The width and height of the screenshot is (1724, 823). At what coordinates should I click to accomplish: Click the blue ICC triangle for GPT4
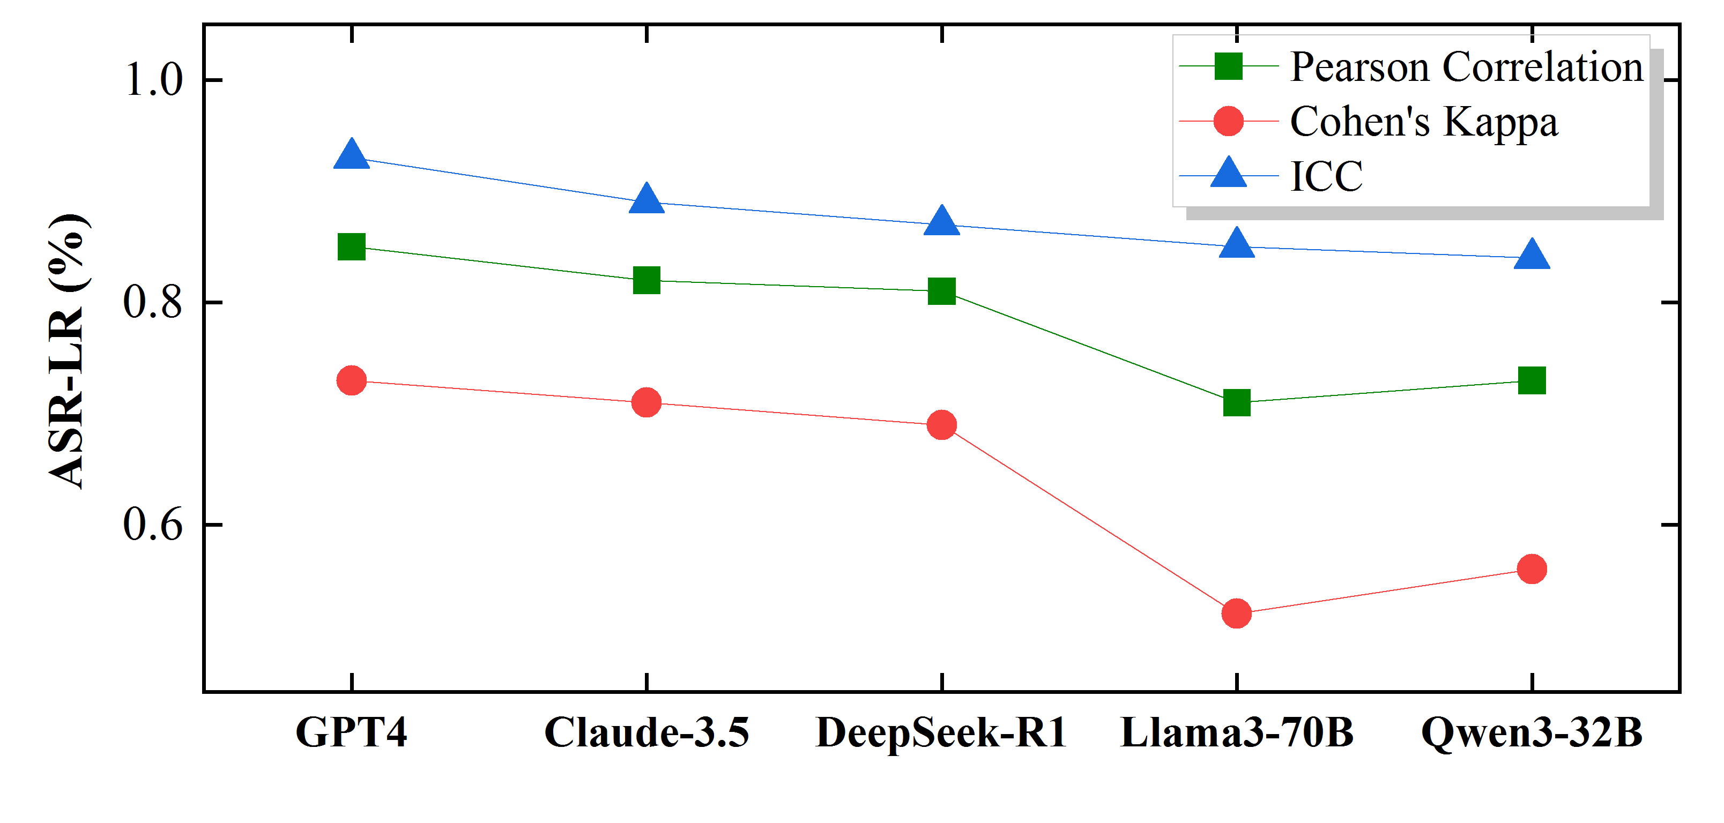pos(351,156)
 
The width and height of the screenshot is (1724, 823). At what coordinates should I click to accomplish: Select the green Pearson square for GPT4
pos(351,247)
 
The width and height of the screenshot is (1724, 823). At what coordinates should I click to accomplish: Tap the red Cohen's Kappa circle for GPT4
pos(351,381)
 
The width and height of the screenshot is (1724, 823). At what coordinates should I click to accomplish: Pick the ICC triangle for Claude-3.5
pos(646,200)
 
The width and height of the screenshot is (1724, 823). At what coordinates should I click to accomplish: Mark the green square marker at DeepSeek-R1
pos(942,291)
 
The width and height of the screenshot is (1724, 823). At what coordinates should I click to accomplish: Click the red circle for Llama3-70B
pos(1237,613)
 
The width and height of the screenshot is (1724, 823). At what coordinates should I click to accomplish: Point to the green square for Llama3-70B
pos(1237,403)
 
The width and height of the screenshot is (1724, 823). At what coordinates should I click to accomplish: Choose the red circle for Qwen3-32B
pos(1532,568)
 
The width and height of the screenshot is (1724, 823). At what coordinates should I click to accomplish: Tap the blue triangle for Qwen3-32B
pos(1532,256)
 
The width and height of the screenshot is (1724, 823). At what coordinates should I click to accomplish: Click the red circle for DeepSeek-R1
pos(942,425)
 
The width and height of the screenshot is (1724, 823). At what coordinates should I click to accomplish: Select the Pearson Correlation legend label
pos(1466,67)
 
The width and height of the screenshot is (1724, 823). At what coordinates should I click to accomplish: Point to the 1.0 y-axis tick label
pos(153,80)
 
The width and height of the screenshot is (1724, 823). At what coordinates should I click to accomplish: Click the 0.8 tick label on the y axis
pos(153,302)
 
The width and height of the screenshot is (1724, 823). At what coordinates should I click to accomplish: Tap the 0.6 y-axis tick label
pos(153,524)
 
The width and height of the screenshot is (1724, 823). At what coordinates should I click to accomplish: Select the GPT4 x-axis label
pos(351,732)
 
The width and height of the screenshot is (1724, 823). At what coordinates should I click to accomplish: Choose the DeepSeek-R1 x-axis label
pos(942,732)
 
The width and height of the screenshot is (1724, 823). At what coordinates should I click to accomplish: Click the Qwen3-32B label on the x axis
pos(1532,732)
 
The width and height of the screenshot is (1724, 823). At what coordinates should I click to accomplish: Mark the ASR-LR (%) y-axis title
pos(67,351)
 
